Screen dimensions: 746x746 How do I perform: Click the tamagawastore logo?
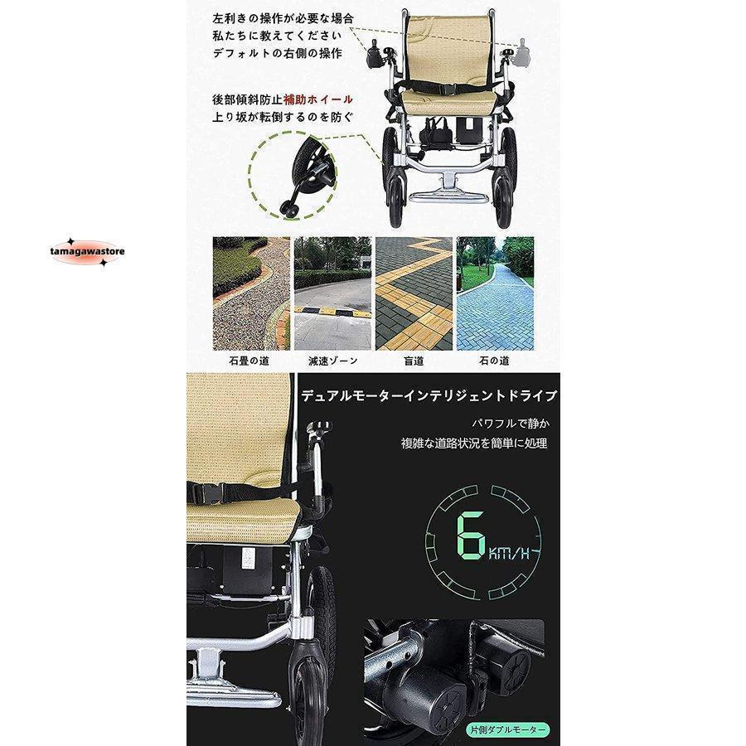tap(87, 252)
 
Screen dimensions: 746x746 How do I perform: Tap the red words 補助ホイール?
tap(317, 99)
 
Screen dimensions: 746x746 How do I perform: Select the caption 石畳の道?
tap(249, 361)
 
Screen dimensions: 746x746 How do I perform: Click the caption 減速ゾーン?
tap(332, 361)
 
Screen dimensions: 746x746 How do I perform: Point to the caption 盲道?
tap(414, 361)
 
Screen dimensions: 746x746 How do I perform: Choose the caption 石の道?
tap(494, 361)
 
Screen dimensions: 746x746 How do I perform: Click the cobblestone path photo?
tap(251, 293)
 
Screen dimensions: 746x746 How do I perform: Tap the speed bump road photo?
tap(332, 293)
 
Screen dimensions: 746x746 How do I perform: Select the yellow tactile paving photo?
tap(414, 293)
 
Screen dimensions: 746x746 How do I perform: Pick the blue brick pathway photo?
tap(496, 293)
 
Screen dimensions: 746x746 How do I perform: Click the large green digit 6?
tap(471, 535)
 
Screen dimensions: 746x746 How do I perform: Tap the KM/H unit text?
tap(509, 554)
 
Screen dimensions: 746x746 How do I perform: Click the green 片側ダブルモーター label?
tap(506, 729)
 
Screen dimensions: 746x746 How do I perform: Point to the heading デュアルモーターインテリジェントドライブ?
tap(429, 395)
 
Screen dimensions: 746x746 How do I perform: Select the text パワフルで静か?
tap(510, 423)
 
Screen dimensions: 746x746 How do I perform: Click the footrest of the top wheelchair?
tap(448, 196)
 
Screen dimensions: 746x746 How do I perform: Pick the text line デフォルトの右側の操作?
tap(278, 53)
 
